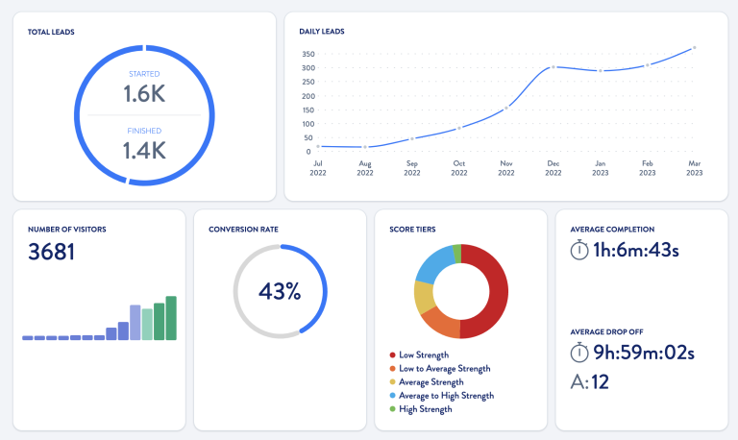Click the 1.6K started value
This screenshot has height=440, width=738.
tap(145, 93)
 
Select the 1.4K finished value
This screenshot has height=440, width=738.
tap(145, 149)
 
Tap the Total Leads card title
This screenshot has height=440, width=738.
tap(52, 32)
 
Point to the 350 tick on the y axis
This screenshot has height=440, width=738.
tap(307, 54)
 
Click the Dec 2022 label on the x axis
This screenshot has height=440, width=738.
tap(553, 167)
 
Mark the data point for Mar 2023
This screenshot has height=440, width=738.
tap(694, 47)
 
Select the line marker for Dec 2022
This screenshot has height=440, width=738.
tap(553, 67)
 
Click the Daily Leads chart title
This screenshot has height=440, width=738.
tap(322, 32)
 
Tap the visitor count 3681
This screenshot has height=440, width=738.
tap(52, 253)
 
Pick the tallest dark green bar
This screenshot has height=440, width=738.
tap(171, 318)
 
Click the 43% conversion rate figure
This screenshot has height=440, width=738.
tap(280, 290)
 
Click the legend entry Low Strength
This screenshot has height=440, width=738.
tap(424, 354)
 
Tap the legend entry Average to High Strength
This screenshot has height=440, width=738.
tap(445, 396)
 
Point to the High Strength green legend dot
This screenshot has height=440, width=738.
tap(392, 409)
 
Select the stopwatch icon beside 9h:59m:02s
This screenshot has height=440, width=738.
tap(578, 352)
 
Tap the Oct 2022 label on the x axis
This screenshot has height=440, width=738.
tap(459, 167)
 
